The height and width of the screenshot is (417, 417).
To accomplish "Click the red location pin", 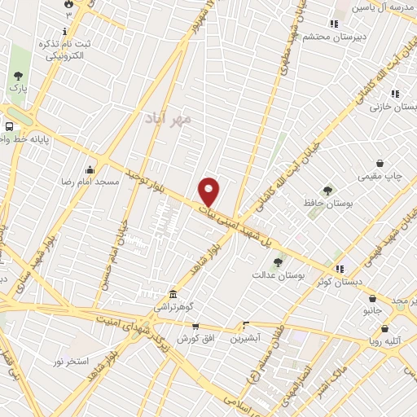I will (x=209, y=191).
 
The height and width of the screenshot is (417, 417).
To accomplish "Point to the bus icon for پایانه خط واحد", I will (x=9, y=127).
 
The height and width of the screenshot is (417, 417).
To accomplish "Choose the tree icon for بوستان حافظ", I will (x=327, y=191).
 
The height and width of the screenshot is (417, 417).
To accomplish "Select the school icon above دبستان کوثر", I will (x=340, y=267).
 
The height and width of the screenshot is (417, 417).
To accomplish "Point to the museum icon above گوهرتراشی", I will (x=172, y=295).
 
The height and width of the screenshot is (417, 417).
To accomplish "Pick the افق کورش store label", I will (x=185, y=337).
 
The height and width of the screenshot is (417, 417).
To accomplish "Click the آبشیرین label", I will (x=244, y=337).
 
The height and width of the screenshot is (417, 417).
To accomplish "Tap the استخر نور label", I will (x=71, y=360).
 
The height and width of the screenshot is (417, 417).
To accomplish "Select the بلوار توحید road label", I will (x=144, y=183).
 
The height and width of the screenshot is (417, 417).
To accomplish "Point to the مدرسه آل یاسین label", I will (x=384, y=7).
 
